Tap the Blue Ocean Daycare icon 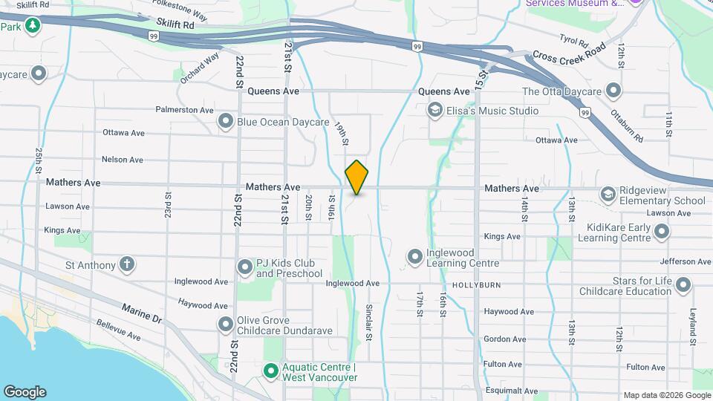(x=226, y=121)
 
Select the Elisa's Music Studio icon (x=434, y=111)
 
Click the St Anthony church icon (x=127, y=264)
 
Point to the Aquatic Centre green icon (x=271, y=370)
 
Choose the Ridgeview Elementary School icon (x=608, y=194)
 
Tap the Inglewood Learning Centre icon (x=414, y=257)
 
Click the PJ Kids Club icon (x=245, y=267)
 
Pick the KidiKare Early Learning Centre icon (x=661, y=232)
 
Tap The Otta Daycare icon (x=613, y=91)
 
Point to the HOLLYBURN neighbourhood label (x=475, y=284)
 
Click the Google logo (x=25, y=391)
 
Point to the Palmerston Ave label (x=184, y=110)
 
